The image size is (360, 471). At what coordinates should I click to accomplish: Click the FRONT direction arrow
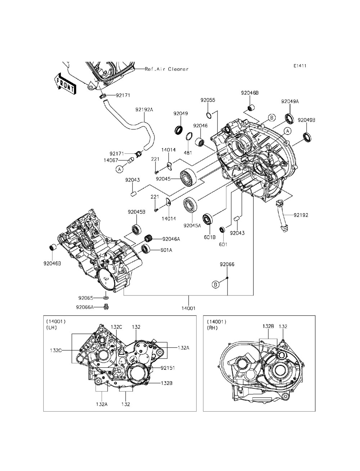pos(65,84)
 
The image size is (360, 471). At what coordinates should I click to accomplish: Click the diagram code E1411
pos(300,66)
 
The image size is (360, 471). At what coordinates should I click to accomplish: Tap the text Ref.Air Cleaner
pos(167,69)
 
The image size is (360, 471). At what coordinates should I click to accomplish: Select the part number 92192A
pos(144,110)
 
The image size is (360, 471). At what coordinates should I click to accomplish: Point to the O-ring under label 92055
pos(209,115)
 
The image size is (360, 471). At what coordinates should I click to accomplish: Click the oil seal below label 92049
pos(179,130)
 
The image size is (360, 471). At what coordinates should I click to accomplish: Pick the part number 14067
pos(111,160)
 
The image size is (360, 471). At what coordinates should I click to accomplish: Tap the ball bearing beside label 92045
pos(188,177)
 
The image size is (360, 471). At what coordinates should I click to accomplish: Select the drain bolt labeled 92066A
pos(106,307)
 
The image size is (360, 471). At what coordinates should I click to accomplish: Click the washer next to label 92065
pos(106,298)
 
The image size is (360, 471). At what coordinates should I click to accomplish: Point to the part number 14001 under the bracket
pos(189,308)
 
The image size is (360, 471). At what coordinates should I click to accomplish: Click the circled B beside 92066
pos(216,285)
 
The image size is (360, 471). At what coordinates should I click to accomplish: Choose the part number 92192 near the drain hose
pos(301,215)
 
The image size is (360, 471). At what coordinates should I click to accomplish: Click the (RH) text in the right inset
pos(212,328)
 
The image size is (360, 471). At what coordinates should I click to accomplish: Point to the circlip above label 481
pos(189,136)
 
